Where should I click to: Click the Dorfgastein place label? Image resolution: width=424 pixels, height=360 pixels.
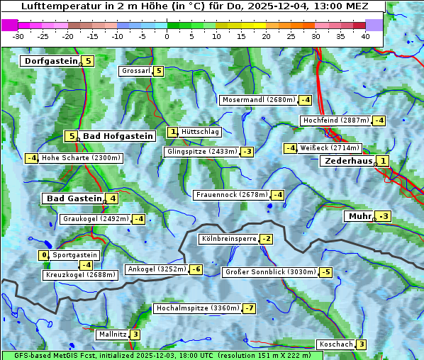(x=50, y=61)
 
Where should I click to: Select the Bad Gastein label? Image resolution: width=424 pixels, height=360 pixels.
(x=74, y=198)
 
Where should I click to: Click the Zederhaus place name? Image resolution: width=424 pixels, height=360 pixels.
(x=347, y=161)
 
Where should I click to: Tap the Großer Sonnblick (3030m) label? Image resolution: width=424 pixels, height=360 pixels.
(x=270, y=272)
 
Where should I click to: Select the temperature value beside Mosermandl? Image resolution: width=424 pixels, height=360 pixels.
(x=306, y=100)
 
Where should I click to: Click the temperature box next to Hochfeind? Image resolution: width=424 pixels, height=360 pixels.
(x=379, y=120)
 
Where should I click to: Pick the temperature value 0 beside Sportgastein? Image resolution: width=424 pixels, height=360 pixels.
(x=44, y=255)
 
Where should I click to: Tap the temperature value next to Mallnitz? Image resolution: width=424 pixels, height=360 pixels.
(x=135, y=334)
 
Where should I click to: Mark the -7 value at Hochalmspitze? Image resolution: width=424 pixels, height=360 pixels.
(x=249, y=308)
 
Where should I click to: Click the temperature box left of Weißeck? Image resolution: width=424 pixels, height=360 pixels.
(x=290, y=148)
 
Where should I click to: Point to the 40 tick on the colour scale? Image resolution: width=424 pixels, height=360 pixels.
(x=365, y=36)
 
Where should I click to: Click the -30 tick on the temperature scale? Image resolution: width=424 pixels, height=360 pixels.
(x=18, y=36)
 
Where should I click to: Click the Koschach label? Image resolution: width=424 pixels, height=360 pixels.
(x=336, y=344)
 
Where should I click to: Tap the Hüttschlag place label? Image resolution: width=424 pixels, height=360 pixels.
(x=201, y=132)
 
